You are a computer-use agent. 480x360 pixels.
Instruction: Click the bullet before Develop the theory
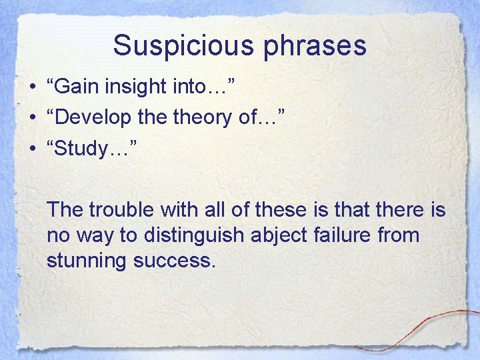click(x=33, y=119)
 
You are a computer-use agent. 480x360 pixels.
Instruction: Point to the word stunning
click(x=87, y=261)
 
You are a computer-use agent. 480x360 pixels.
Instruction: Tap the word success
click(x=175, y=261)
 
